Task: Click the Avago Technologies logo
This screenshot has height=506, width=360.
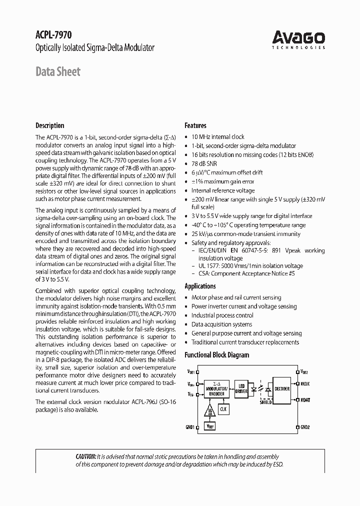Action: pos(298,39)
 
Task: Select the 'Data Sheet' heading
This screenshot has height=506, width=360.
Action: pos(57,71)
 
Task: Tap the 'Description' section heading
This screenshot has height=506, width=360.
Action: pos(49,125)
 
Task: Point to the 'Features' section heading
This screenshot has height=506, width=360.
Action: pos(195,125)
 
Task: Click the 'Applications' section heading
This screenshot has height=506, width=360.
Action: pos(200,286)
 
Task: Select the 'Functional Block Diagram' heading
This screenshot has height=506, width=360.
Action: pos(216,355)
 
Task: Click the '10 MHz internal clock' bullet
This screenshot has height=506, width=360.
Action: pos(217,136)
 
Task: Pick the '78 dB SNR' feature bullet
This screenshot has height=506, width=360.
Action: pos(205,163)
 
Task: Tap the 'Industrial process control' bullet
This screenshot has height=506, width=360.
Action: pos(222,315)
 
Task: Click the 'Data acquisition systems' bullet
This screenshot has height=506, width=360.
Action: pos(221,324)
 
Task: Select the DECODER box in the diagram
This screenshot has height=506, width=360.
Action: pos(282,388)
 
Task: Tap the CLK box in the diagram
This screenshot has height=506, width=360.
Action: pos(223,408)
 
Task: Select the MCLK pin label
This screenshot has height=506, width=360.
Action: pos(305,383)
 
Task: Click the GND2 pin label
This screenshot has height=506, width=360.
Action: pos(305,427)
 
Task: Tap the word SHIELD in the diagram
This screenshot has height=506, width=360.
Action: pos(266,401)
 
